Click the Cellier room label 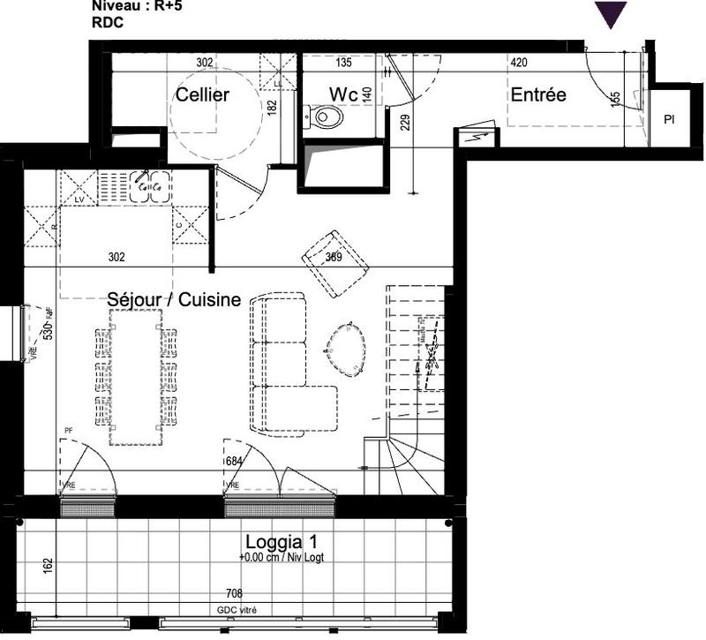(202, 94)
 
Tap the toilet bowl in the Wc (328, 116)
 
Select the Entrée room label (537, 94)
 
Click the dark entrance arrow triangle (610, 14)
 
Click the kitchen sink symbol (150, 185)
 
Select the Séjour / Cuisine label (174, 300)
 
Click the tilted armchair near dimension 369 (334, 262)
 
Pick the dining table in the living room (136, 377)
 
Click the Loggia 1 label (279, 542)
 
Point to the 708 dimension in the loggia (234, 594)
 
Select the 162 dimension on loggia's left (48, 563)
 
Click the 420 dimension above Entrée (520, 63)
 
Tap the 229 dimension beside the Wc (405, 121)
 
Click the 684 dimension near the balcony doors (234, 461)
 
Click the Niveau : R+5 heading (135, 5)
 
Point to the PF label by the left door (68, 431)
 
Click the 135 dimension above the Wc (344, 63)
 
